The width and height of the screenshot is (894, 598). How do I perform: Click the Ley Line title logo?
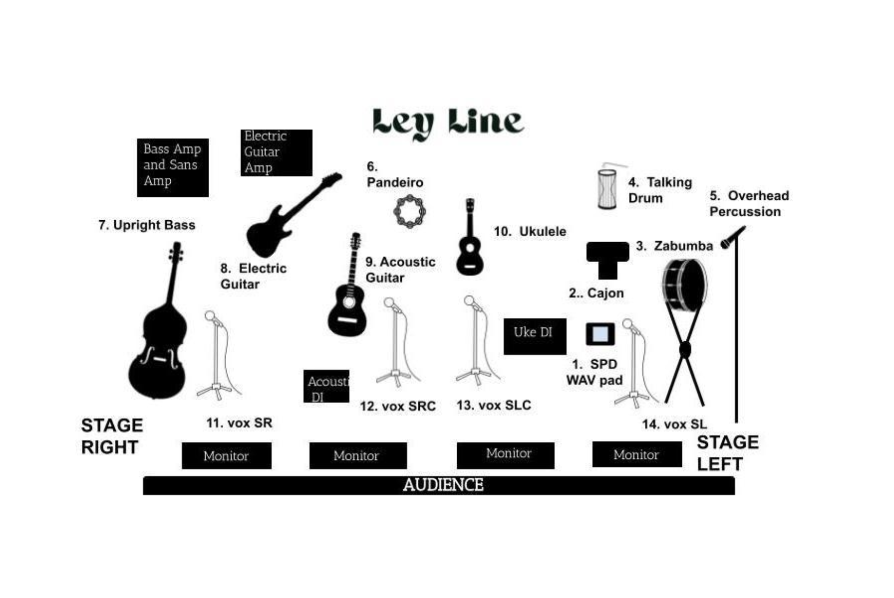(447, 123)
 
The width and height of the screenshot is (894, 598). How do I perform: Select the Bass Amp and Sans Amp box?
(173, 167)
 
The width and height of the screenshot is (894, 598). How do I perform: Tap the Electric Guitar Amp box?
(276, 153)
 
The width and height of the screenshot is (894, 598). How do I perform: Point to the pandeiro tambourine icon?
(409, 211)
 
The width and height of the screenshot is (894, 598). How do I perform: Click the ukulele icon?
(469, 243)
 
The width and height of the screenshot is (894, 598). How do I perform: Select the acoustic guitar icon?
(347, 301)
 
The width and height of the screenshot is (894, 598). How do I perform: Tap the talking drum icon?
(607, 189)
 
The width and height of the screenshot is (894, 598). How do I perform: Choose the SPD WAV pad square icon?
(600, 334)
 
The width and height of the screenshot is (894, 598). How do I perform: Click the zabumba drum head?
(686, 285)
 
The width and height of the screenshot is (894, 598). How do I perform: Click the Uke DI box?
(535, 336)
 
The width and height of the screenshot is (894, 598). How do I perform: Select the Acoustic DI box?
(326, 387)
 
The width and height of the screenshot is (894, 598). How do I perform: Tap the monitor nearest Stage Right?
(226, 456)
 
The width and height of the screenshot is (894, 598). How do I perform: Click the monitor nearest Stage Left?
(637, 454)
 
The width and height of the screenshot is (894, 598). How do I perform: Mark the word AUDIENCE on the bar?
(443, 485)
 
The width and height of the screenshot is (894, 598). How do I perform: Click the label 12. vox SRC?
(397, 406)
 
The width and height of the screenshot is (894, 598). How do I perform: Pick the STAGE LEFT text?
(727, 453)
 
